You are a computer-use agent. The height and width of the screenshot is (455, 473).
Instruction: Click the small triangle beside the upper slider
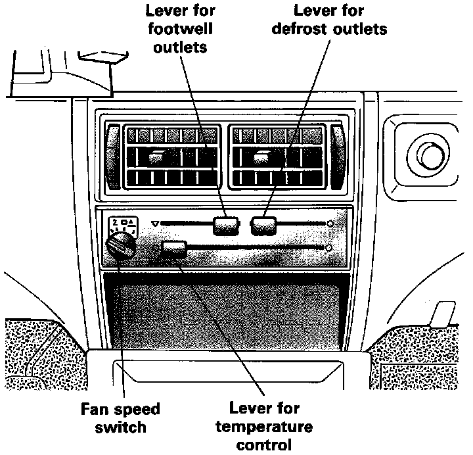point(154,224)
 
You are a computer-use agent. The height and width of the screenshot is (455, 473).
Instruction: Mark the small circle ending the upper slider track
point(330,224)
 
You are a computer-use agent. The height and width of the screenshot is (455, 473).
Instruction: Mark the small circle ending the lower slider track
point(327,247)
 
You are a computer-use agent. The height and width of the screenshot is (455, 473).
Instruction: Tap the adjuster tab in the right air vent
point(263,156)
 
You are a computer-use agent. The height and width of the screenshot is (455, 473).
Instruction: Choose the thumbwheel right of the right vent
point(338,155)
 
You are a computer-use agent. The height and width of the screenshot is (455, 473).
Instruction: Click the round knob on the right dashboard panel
point(430,155)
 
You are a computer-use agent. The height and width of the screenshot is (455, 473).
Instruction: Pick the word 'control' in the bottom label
point(270,446)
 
